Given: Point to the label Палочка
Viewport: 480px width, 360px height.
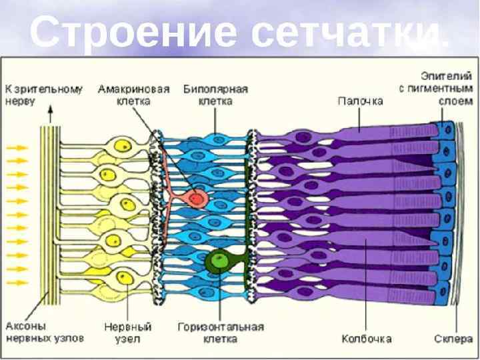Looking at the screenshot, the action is (x=360, y=101).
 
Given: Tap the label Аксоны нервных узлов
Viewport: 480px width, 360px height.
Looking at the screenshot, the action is (x=45, y=332).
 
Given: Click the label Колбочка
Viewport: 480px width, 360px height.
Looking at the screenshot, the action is (x=366, y=338).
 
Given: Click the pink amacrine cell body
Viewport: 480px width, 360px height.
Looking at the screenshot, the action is (x=197, y=197).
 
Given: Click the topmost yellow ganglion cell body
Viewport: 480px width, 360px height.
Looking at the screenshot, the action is (x=122, y=146).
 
